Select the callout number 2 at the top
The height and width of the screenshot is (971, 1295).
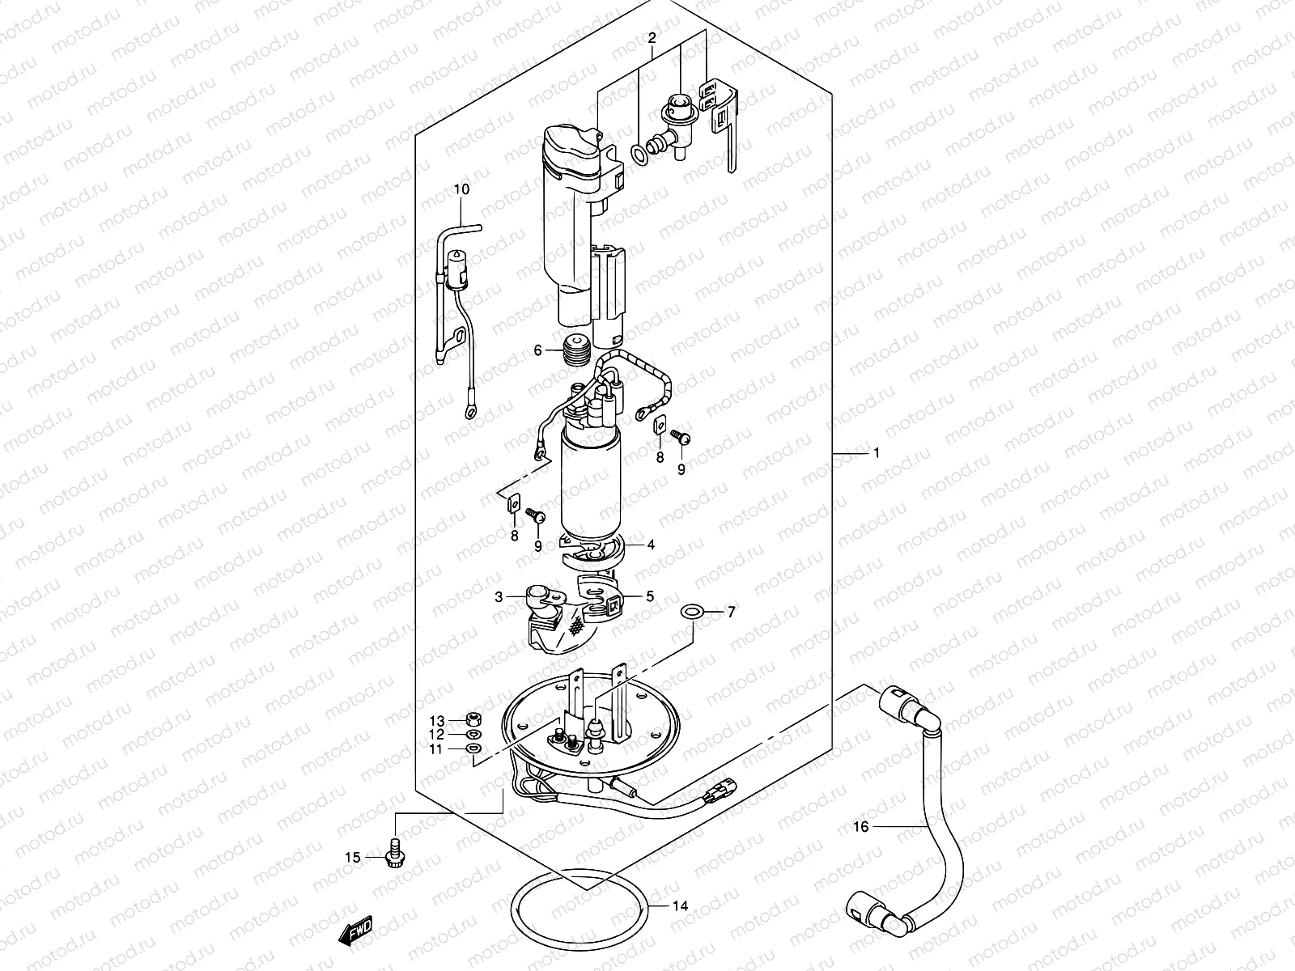click(652, 38)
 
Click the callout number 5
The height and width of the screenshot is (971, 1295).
click(650, 597)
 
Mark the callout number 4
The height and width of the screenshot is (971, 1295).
click(651, 545)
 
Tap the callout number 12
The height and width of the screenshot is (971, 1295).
click(437, 735)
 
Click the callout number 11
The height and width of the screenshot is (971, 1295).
click(437, 750)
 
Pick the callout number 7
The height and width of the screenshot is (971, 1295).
click(731, 613)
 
